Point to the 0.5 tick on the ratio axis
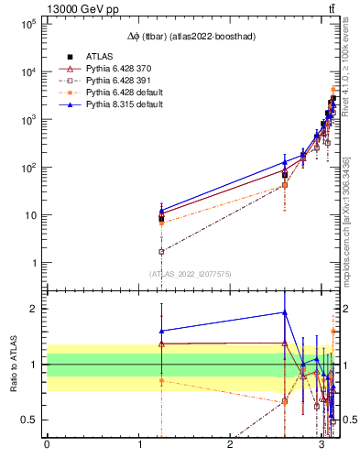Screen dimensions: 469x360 [x=31, y=420]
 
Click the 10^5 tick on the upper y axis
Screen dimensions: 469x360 [x=27, y=25]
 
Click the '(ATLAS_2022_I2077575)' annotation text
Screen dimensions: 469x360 [x=190, y=273]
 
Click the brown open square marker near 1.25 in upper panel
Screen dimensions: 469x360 [x=161, y=251]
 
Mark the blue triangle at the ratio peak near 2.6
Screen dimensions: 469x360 [x=285, y=312]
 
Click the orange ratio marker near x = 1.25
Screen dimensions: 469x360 [x=161, y=380]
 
